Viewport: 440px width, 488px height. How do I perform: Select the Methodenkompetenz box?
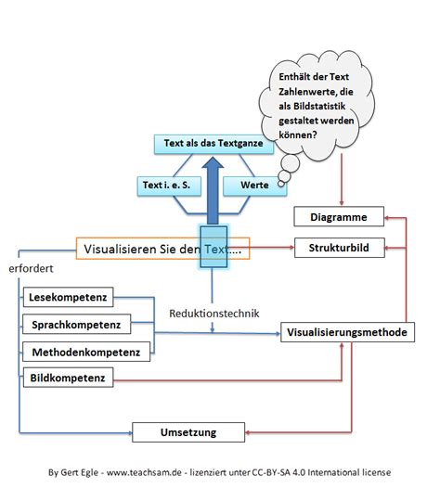pos(84,352)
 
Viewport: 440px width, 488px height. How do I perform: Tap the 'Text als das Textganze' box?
pos(208,144)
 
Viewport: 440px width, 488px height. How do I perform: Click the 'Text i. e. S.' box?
pos(168,186)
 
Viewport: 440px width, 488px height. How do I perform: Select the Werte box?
pos(254,186)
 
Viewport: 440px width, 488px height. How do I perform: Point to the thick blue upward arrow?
pos(213,190)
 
